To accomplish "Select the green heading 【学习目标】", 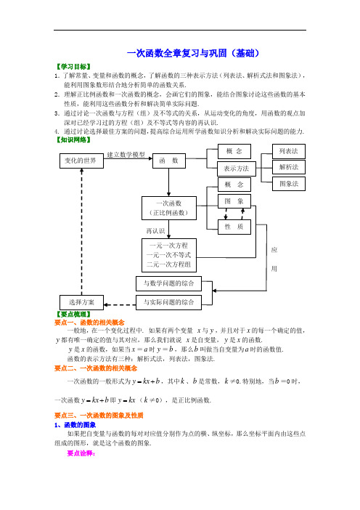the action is [73, 67].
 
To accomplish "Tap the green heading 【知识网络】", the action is [73, 140].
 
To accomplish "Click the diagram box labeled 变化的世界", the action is [81, 161].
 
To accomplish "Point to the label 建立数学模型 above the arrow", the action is [126, 155].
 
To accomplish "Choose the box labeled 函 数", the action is [169, 161].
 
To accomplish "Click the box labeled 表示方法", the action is [236, 169].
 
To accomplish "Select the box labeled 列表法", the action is [289, 151].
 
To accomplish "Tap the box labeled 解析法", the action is [289, 167].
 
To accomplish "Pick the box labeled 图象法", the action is [289, 184].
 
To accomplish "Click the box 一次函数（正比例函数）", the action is [169, 209].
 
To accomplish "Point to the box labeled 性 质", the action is [234, 227].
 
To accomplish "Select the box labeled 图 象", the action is [234, 201].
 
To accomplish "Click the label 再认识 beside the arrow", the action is [155, 231].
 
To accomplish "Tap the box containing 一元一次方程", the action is [169, 255].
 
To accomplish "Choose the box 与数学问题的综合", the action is [168, 283].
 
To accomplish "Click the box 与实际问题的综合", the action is [168, 302].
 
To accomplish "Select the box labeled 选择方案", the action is [81, 302].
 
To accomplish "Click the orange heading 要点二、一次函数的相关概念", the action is [96, 368].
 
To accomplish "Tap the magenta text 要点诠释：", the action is [81, 453].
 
